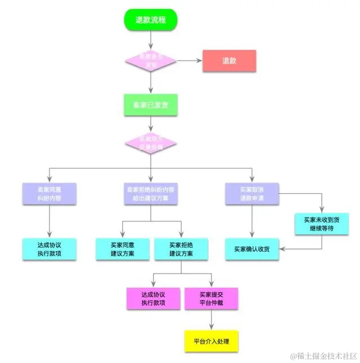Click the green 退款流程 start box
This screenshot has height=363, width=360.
click(151, 20)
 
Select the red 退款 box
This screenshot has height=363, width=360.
click(229, 61)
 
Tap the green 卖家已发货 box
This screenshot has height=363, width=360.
click(151, 105)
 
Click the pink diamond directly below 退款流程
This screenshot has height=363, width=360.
click(151, 61)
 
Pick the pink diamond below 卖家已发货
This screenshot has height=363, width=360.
click(151, 143)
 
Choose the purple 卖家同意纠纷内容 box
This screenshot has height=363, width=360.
click(49, 194)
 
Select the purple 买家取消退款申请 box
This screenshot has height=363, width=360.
click(251, 194)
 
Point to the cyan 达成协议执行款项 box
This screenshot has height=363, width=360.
click(49, 249)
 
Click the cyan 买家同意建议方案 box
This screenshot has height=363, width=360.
click(123, 249)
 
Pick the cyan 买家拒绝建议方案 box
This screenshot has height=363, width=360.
click(181, 249)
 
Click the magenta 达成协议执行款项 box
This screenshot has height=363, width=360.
click(154, 298)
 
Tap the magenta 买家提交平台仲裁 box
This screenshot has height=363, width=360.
click(211, 298)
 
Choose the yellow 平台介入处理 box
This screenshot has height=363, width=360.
click(211, 341)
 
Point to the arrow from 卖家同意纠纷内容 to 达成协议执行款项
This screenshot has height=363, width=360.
click(49, 221)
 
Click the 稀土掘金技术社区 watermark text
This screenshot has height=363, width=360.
click(323, 356)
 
